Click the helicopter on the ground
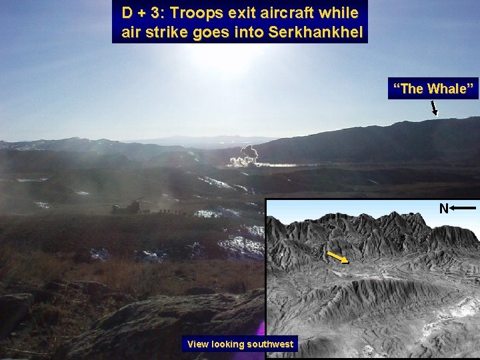[x=127, y=207]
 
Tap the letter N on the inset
[x=443, y=209]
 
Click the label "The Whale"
[x=433, y=88]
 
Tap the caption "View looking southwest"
[x=240, y=344]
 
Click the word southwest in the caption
[x=269, y=344]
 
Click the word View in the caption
[x=198, y=344]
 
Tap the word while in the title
[x=340, y=13]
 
